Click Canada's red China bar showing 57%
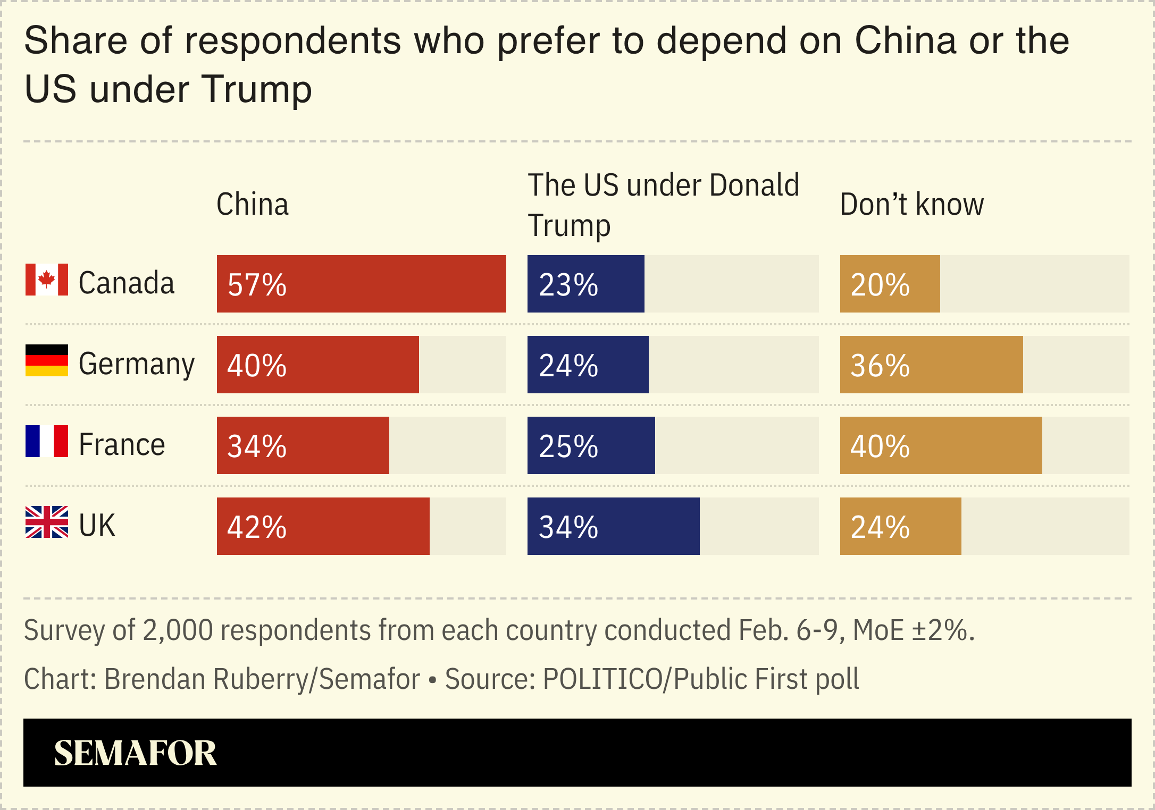361,284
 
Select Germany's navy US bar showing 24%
588,365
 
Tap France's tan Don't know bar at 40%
941,445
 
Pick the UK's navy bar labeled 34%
613,526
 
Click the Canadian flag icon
47,280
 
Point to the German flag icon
47,360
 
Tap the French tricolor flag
47,441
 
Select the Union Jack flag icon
47,522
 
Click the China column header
253,204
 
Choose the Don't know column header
911,204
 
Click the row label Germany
137,365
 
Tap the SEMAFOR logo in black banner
135,753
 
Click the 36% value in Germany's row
880,366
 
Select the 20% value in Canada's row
880,285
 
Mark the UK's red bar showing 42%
323,526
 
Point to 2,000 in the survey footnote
178,630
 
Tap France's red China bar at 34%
303,445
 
